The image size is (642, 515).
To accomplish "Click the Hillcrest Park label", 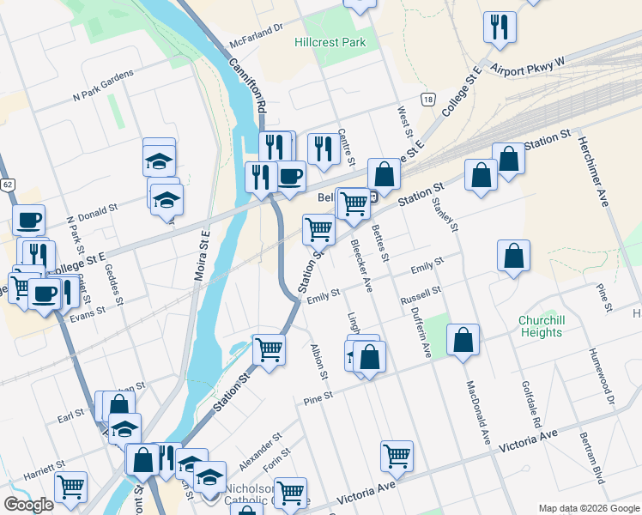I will [x=330, y=42].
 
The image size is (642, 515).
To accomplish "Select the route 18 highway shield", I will [x=427, y=100].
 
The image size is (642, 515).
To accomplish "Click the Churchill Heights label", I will [x=541, y=326].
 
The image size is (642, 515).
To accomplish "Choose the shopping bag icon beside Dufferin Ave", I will [x=463, y=339].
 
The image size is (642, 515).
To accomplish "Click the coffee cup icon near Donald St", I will [x=28, y=220].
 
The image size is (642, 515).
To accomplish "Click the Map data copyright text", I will [x=588, y=508].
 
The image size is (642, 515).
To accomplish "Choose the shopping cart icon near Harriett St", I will [x=70, y=487].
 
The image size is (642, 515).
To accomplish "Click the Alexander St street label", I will [x=260, y=451].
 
